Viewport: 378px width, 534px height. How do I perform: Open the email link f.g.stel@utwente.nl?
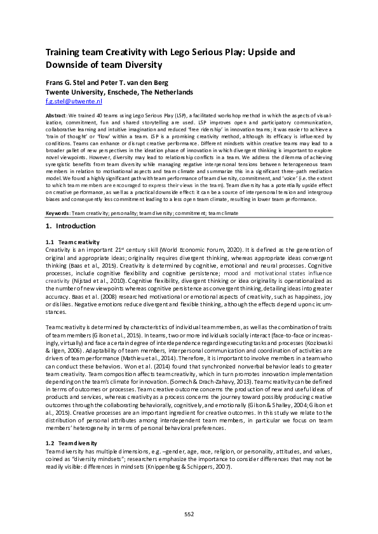click(x=74, y=101)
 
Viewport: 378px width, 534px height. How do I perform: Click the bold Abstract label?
click(x=58, y=117)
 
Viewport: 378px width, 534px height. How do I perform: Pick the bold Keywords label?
click(x=59, y=213)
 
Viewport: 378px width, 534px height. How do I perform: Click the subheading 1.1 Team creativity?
click(x=72, y=242)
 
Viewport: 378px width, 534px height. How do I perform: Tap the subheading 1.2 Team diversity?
click(x=71, y=442)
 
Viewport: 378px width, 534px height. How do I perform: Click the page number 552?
click(x=189, y=514)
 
